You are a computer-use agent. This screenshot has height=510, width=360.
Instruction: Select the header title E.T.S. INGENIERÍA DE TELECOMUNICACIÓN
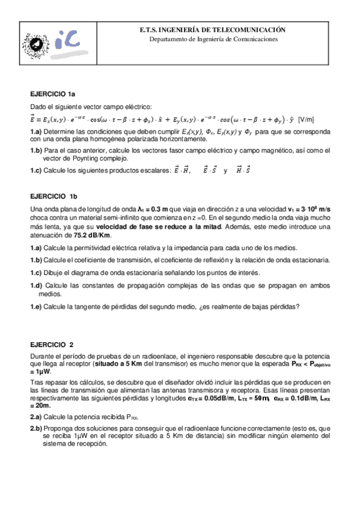coord(217,29)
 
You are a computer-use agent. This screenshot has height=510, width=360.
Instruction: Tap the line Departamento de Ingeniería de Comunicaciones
coord(217,38)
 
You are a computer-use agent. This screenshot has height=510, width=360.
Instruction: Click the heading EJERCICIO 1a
coord(53,95)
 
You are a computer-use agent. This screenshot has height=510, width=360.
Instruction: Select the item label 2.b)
coord(36,428)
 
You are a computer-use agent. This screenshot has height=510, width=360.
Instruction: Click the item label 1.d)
coord(36,285)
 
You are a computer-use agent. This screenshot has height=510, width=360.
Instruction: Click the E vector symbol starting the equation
coord(34,118)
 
